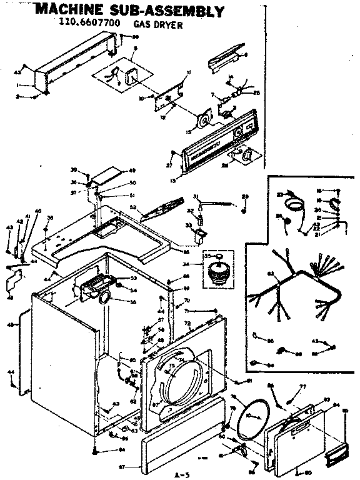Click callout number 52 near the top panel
132,207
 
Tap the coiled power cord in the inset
292,204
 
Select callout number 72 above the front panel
187,322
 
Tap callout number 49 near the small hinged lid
132,171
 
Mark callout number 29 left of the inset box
245,197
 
